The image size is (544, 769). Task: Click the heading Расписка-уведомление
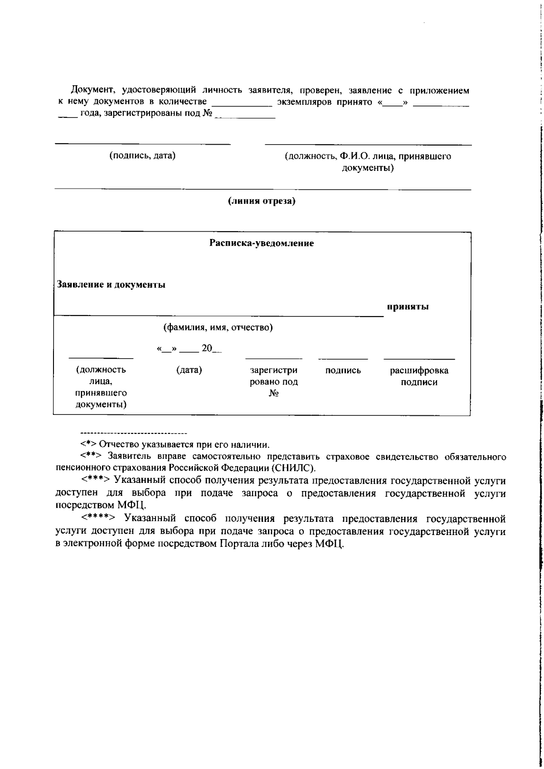click(262, 243)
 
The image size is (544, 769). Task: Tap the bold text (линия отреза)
click(262, 200)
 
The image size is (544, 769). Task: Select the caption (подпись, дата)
click(142, 156)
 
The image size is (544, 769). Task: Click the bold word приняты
click(408, 307)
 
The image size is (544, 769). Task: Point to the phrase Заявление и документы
click(111, 285)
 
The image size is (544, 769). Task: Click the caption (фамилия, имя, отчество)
click(218, 327)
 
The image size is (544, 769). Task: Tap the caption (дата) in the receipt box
click(189, 370)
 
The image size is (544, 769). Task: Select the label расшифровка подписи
click(419, 376)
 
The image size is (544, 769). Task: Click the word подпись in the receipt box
click(343, 370)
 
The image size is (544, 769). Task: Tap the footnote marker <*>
click(88, 444)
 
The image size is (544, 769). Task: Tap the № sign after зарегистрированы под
click(208, 113)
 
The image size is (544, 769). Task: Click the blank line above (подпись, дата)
click(142, 144)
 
